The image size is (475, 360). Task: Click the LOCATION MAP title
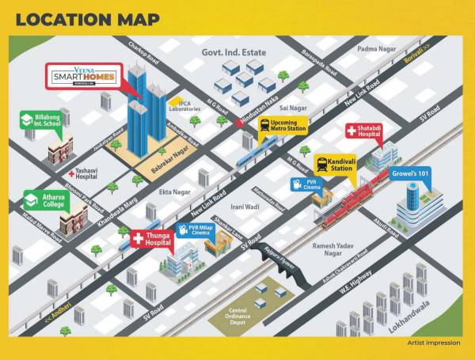pyautogui.click(x=88, y=19)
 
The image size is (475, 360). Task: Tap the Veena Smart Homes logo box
pyautogui.click(x=84, y=77)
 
